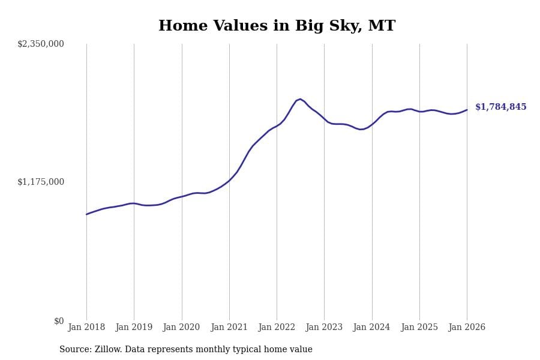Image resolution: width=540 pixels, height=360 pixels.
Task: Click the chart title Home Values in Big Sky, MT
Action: [277, 26]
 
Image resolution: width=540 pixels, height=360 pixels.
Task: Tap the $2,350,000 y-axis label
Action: [41, 44]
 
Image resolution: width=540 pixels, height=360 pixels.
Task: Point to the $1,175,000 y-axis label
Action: [41, 182]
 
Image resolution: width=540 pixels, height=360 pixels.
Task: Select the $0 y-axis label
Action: [59, 321]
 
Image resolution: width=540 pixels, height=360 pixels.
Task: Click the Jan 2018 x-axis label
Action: [86, 327]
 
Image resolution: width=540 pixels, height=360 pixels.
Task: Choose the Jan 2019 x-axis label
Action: [134, 327]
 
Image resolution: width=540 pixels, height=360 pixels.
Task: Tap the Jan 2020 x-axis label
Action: [182, 327]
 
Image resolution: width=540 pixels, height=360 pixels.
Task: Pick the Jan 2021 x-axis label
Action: [229, 327]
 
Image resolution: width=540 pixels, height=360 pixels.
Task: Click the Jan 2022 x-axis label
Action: [277, 327]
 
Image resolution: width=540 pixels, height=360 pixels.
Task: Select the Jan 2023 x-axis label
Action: [324, 327]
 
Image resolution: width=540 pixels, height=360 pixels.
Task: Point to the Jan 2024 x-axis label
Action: [372, 327]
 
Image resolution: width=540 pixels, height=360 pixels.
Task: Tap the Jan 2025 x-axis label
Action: [419, 327]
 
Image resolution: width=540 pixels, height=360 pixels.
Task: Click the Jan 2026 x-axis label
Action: [467, 327]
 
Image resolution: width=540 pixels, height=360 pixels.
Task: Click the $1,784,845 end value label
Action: [501, 107]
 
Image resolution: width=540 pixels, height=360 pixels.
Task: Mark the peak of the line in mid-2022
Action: [300, 99]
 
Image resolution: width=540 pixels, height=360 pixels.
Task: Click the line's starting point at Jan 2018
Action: [86, 214]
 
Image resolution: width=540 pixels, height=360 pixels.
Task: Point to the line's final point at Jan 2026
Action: [467, 110]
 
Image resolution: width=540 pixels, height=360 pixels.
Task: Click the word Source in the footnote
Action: [74, 350]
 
